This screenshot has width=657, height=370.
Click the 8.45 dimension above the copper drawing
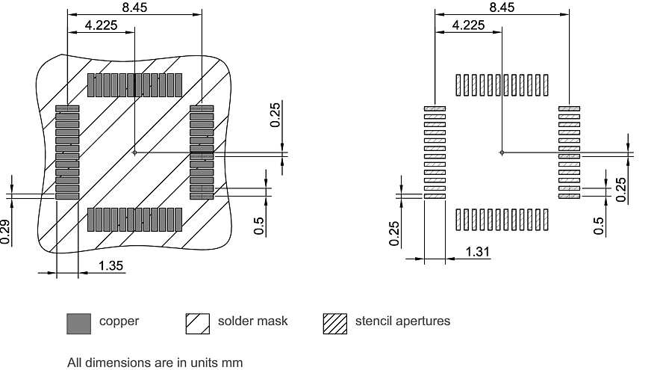point(134,7)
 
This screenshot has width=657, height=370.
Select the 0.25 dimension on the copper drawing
point(275,115)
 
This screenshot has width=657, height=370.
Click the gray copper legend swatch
point(78,323)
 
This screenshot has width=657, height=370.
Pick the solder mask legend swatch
point(197,323)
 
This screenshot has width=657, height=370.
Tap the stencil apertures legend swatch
point(335,323)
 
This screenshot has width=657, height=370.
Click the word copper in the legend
point(119,321)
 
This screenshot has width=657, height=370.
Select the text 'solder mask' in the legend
point(252,321)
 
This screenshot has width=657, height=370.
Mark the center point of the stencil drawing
point(502,152)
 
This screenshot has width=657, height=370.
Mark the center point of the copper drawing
point(134,152)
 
